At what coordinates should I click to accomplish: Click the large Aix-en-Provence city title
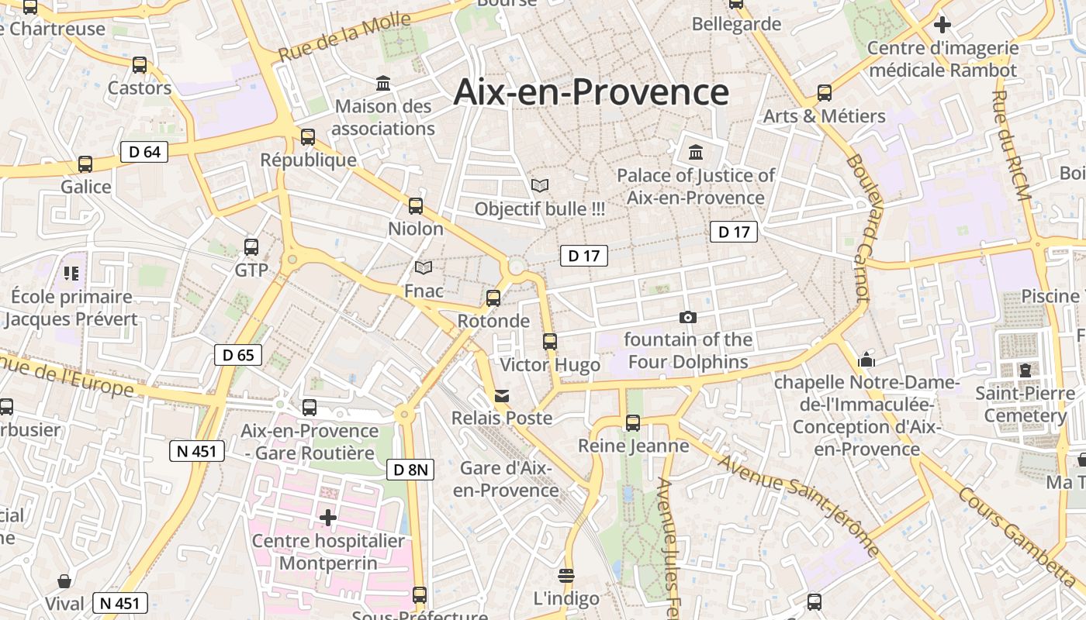[x=591, y=92]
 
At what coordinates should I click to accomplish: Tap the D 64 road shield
[x=144, y=152]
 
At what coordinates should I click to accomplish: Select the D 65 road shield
[x=238, y=355]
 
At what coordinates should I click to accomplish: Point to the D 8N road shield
[x=410, y=469]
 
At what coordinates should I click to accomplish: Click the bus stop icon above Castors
[x=140, y=65]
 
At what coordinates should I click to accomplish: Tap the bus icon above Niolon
[x=416, y=206]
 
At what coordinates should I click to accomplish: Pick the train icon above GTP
[x=251, y=247]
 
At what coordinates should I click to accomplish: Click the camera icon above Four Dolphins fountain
[x=687, y=317]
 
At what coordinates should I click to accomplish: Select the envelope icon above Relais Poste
[x=503, y=396]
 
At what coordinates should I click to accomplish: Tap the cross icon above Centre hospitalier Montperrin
[x=328, y=517]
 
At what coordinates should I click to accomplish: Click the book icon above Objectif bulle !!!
[x=540, y=186]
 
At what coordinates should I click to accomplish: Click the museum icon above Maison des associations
[x=383, y=83]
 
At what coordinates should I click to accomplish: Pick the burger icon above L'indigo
[x=566, y=575]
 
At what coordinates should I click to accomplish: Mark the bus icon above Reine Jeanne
[x=633, y=423]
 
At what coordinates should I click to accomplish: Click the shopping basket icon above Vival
[x=65, y=581]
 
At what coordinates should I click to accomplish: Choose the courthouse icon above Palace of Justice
[x=695, y=152]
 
